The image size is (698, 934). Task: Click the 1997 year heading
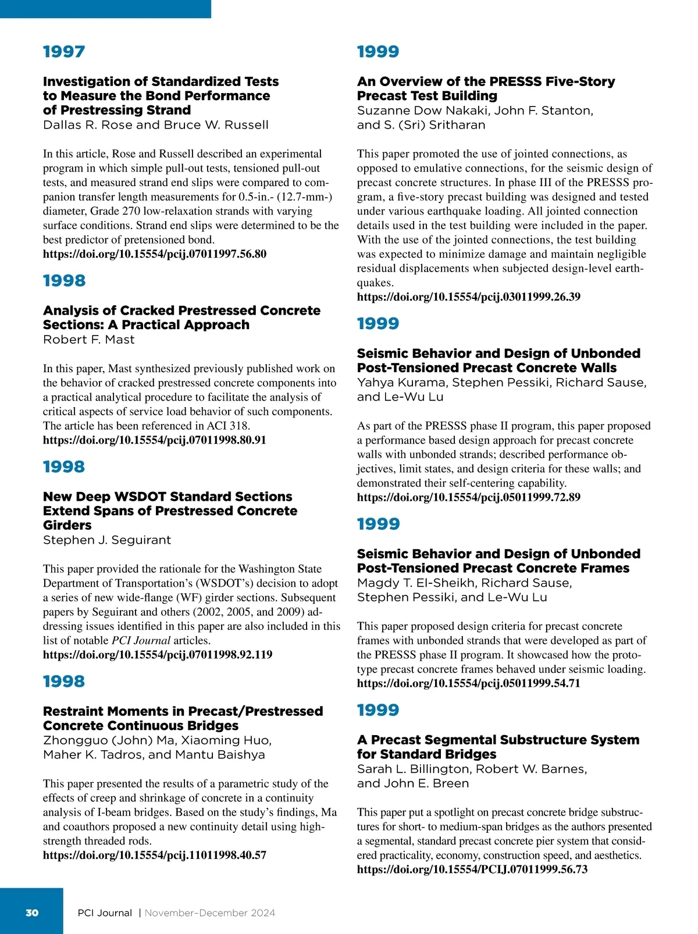coord(64,52)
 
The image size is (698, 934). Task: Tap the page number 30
coord(32,912)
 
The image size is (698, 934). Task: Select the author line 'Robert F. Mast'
coord(88,340)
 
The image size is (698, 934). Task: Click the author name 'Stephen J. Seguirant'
coord(107,540)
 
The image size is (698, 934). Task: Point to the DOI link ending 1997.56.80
coord(155,254)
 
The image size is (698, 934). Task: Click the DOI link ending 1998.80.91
coord(155,440)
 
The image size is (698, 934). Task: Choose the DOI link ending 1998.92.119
coord(158,654)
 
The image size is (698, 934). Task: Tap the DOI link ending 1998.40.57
coord(155,855)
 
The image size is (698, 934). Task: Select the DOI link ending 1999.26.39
coord(469,297)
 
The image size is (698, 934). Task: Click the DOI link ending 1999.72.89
coord(469,497)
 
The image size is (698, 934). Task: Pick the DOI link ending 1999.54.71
coord(469,683)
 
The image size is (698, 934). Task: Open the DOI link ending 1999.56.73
coord(472,869)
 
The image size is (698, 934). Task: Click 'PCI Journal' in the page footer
coord(105,913)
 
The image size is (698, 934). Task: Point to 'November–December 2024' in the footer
coord(210,913)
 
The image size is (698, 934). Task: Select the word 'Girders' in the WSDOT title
coord(67,525)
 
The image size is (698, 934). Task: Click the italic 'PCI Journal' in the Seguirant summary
coord(141,640)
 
